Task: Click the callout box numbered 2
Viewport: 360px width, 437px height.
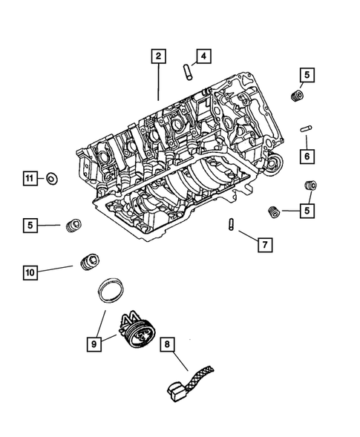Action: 157,54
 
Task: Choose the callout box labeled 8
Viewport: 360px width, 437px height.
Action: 168,344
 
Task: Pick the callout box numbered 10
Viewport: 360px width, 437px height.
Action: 30,272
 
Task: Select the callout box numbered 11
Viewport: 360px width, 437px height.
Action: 29,178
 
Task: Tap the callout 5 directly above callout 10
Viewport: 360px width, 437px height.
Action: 30,224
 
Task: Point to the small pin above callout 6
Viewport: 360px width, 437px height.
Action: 305,128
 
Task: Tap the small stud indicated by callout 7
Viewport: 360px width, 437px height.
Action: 232,225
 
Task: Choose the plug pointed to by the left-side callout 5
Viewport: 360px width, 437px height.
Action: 73,225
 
